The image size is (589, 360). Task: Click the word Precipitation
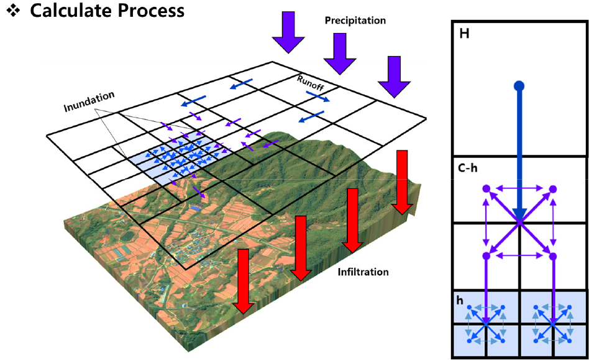tap(355, 21)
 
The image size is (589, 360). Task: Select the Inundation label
tap(89, 102)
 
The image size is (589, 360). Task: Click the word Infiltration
tap(363, 272)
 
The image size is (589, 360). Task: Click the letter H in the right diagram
tap(464, 34)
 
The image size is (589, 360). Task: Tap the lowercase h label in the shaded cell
tap(460, 300)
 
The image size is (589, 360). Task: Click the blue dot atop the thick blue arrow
tap(519, 85)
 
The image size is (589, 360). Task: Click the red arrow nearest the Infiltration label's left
tap(302, 247)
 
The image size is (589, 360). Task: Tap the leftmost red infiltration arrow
tap(244, 280)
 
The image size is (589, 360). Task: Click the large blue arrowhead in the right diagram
tap(519, 215)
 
